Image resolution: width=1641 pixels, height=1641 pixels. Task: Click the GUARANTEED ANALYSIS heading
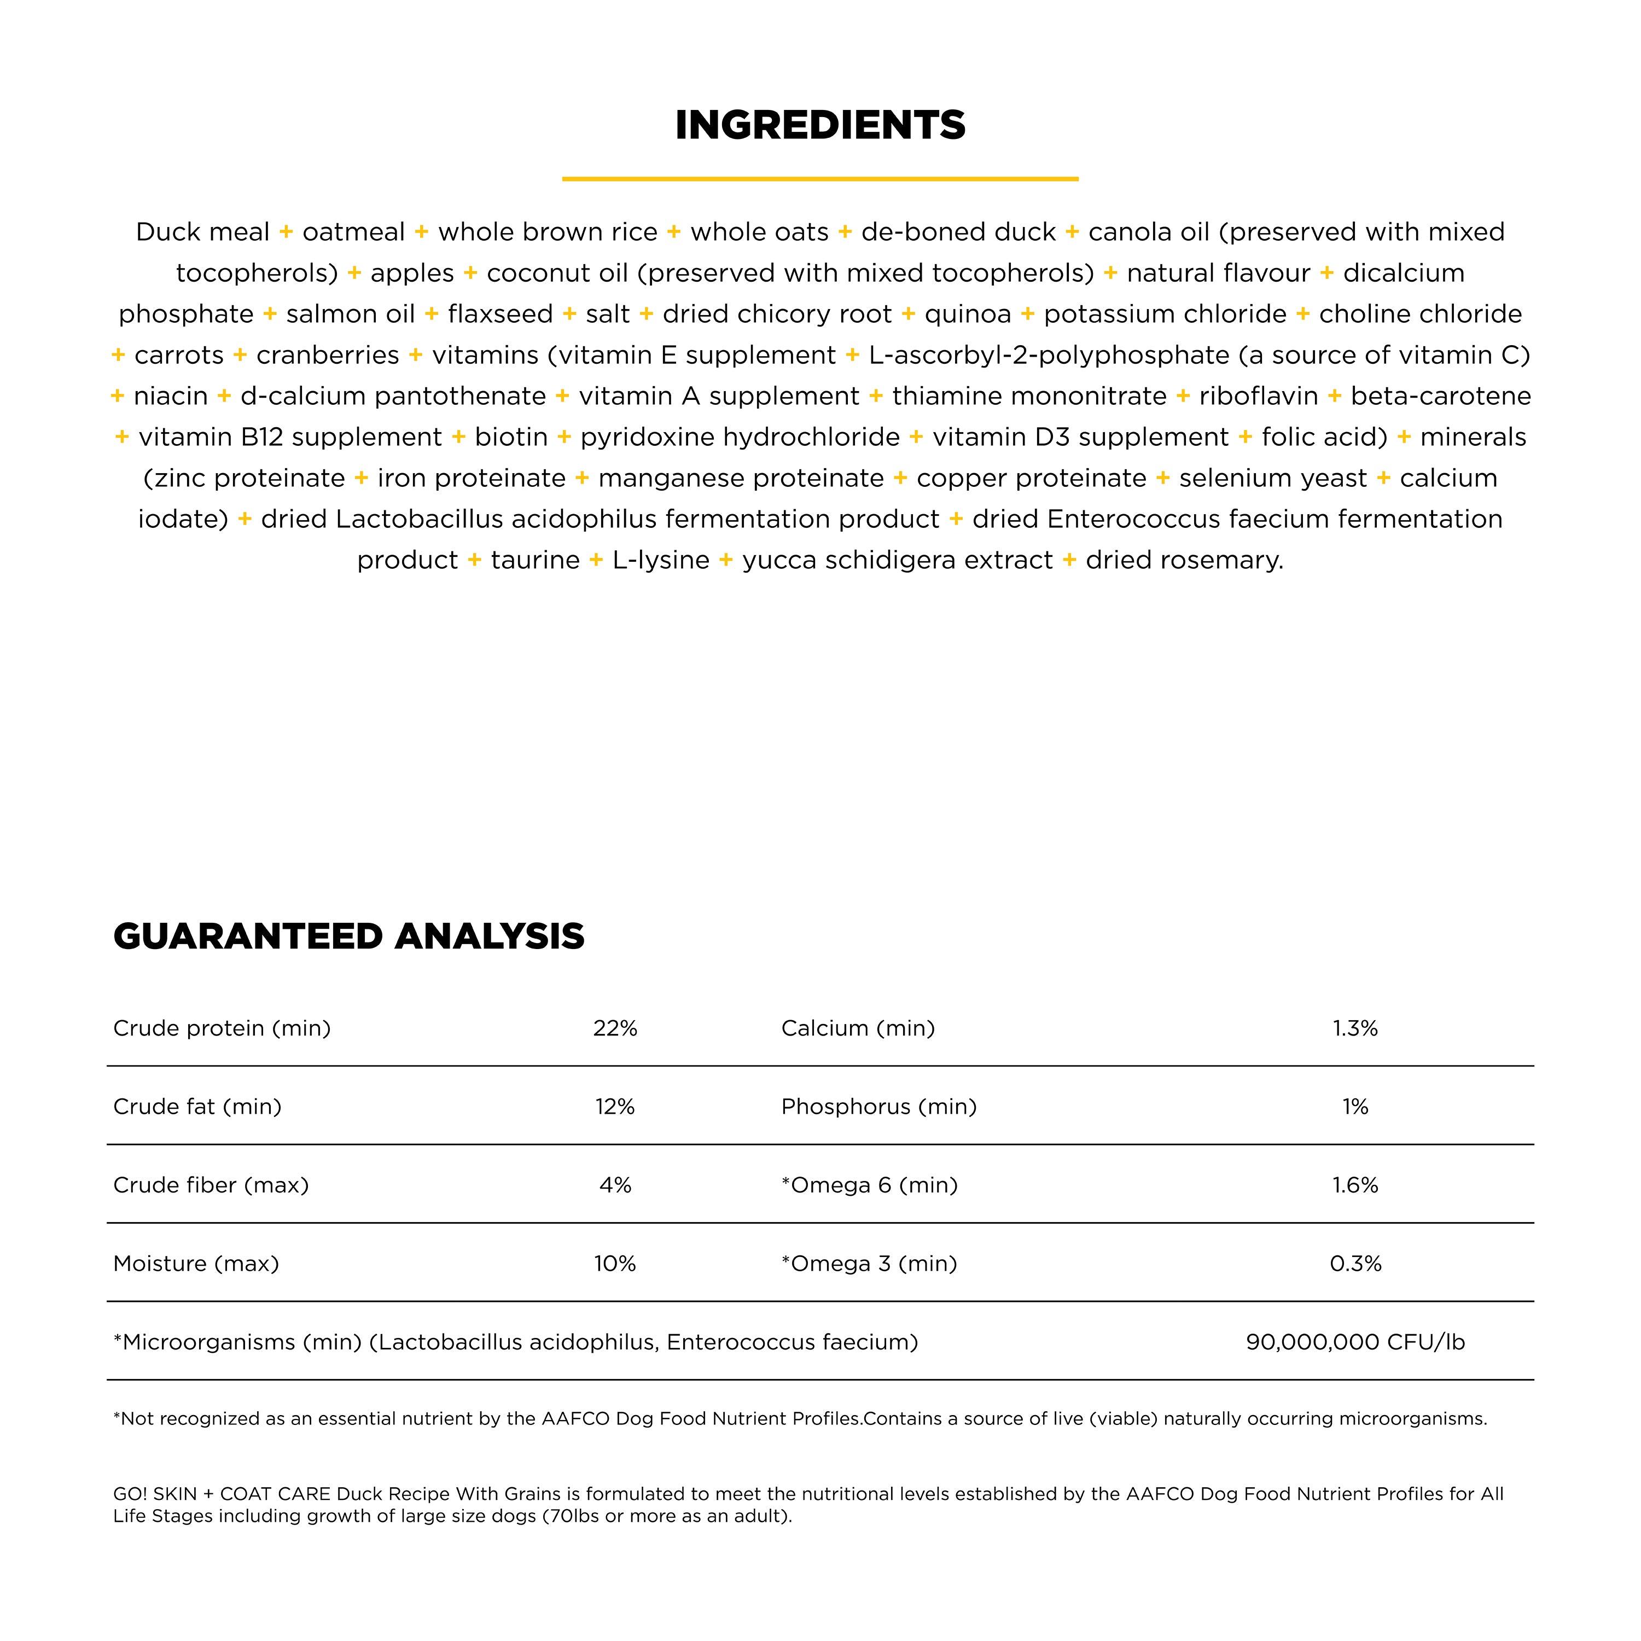coord(348,936)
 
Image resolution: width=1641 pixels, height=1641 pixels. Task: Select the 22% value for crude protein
coord(615,1028)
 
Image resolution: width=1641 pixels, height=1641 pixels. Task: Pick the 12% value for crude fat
coord(615,1106)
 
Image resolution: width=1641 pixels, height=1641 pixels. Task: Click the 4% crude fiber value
coord(615,1185)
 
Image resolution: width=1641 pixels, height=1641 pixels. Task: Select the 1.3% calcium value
coord(1355,1028)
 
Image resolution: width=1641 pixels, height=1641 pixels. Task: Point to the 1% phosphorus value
coord(1355,1106)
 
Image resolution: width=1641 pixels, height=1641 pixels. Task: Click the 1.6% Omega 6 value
coord(1355,1185)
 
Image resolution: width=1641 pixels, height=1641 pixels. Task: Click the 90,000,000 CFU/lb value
coord(1355,1342)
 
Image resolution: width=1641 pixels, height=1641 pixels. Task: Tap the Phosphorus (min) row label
coord(879,1106)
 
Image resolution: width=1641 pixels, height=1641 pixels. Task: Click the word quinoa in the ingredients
coord(968,315)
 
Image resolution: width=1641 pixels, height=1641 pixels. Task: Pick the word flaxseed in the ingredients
coord(501,315)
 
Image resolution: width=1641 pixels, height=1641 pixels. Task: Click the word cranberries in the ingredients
coord(328,355)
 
